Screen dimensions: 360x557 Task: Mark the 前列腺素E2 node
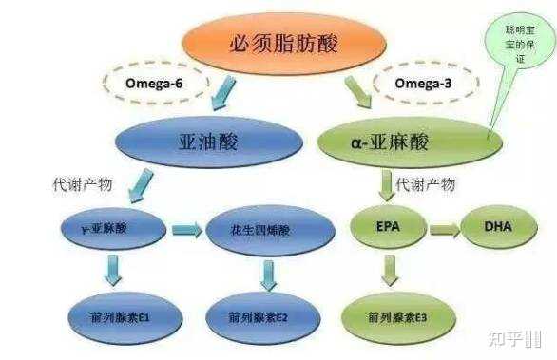(259, 314)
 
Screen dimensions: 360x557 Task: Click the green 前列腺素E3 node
(388, 314)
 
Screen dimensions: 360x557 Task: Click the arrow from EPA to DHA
(443, 230)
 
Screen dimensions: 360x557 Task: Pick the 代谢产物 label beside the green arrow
(425, 182)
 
